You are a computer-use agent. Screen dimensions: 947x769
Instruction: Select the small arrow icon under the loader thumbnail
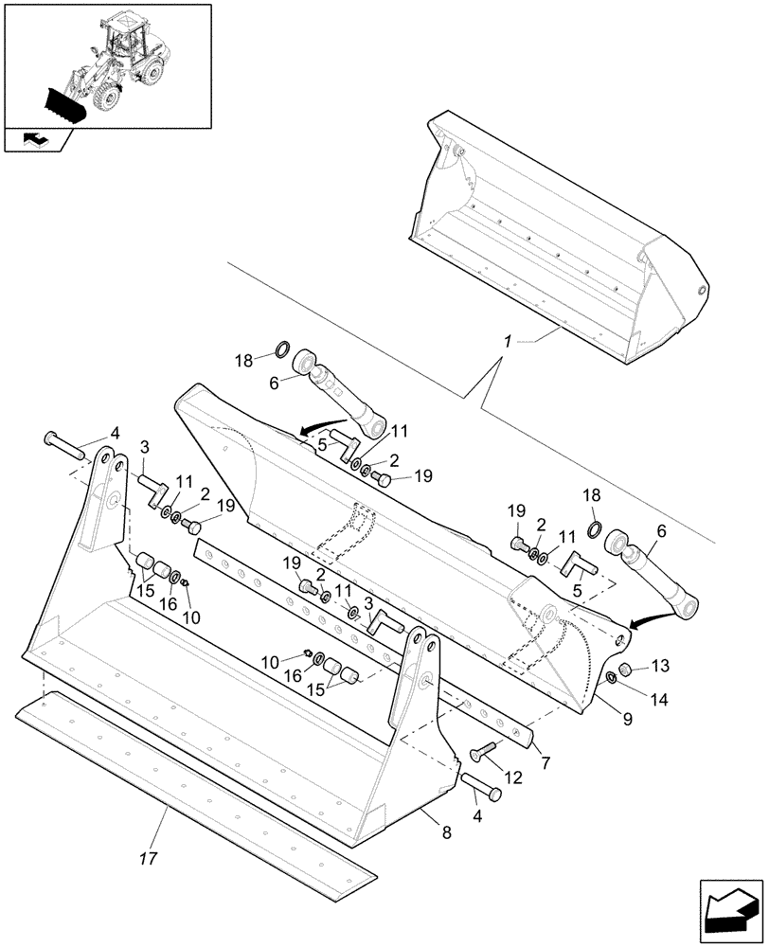coord(36,140)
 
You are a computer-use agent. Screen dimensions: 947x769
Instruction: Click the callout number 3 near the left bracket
coord(145,446)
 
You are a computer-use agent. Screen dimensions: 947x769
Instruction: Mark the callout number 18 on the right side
coord(591,495)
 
